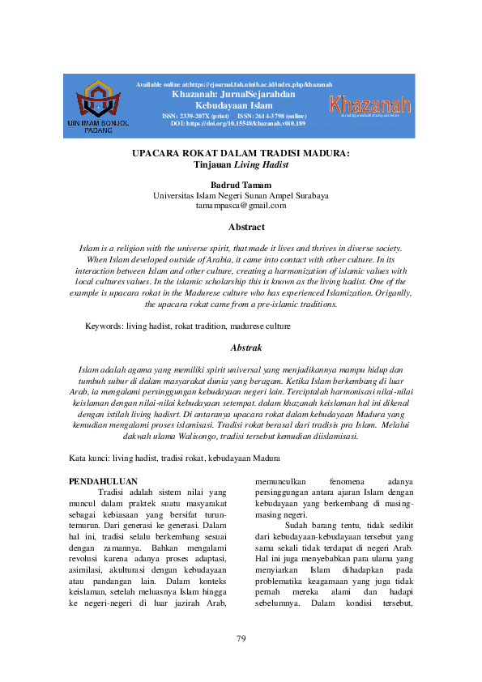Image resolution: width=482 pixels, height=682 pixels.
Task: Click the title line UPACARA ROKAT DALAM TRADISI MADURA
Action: point(241,153)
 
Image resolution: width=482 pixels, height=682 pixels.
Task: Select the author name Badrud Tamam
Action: point(241,185)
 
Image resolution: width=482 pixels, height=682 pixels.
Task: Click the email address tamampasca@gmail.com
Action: point(241,206)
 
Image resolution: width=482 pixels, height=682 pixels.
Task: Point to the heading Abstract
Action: point(241,228)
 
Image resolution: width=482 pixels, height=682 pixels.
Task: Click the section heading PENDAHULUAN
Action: point(104,481)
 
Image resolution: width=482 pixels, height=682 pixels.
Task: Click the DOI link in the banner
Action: point(233,124)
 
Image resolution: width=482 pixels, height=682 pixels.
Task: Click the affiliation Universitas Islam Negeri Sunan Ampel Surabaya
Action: point(241,195)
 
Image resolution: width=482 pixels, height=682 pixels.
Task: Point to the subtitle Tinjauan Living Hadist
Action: point(241,164)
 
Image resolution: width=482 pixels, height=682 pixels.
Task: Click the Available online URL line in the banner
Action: point(233,84)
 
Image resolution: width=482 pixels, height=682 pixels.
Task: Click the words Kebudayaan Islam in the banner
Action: point(233,105)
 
